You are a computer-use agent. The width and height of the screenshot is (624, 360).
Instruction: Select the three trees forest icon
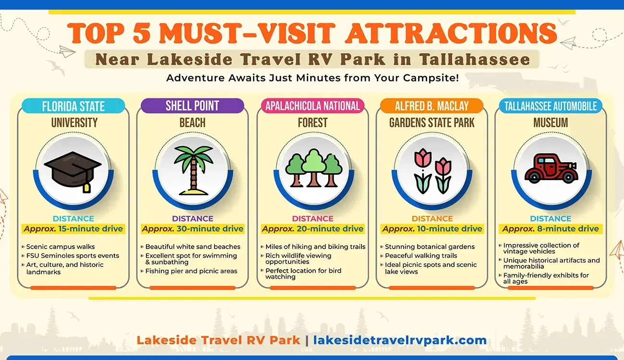tap(313, 168)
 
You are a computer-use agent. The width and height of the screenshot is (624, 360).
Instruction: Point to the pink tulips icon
tap(432, 170)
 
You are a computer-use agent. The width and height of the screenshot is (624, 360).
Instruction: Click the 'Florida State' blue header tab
tap(73, 106)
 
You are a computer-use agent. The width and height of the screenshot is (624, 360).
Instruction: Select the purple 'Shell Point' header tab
tap(192, 106)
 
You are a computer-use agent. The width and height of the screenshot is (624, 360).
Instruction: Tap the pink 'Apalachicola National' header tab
tap(312, 106)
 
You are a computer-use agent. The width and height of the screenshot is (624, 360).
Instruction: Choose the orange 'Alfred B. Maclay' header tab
tap(432, 106)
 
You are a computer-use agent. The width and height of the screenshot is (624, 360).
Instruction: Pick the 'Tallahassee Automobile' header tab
tap(551, 106)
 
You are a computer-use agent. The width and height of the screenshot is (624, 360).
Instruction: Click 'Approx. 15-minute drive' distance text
tap(73, 228)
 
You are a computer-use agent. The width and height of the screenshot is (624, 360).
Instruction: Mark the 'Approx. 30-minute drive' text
tap(192, 228)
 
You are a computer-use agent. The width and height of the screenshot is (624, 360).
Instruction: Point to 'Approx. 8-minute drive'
tap(551, 228)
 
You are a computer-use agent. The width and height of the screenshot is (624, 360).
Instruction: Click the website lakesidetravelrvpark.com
tap(400, 340)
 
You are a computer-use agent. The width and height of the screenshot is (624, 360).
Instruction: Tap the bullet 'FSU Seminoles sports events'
tap(72, 256)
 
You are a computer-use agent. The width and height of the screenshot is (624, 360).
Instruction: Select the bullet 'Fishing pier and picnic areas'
tap(191, 271)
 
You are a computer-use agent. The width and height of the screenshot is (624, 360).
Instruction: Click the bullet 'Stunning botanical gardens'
tap(430, 247)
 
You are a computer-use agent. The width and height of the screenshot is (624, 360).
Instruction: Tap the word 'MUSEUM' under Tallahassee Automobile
tap(551, 123)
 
